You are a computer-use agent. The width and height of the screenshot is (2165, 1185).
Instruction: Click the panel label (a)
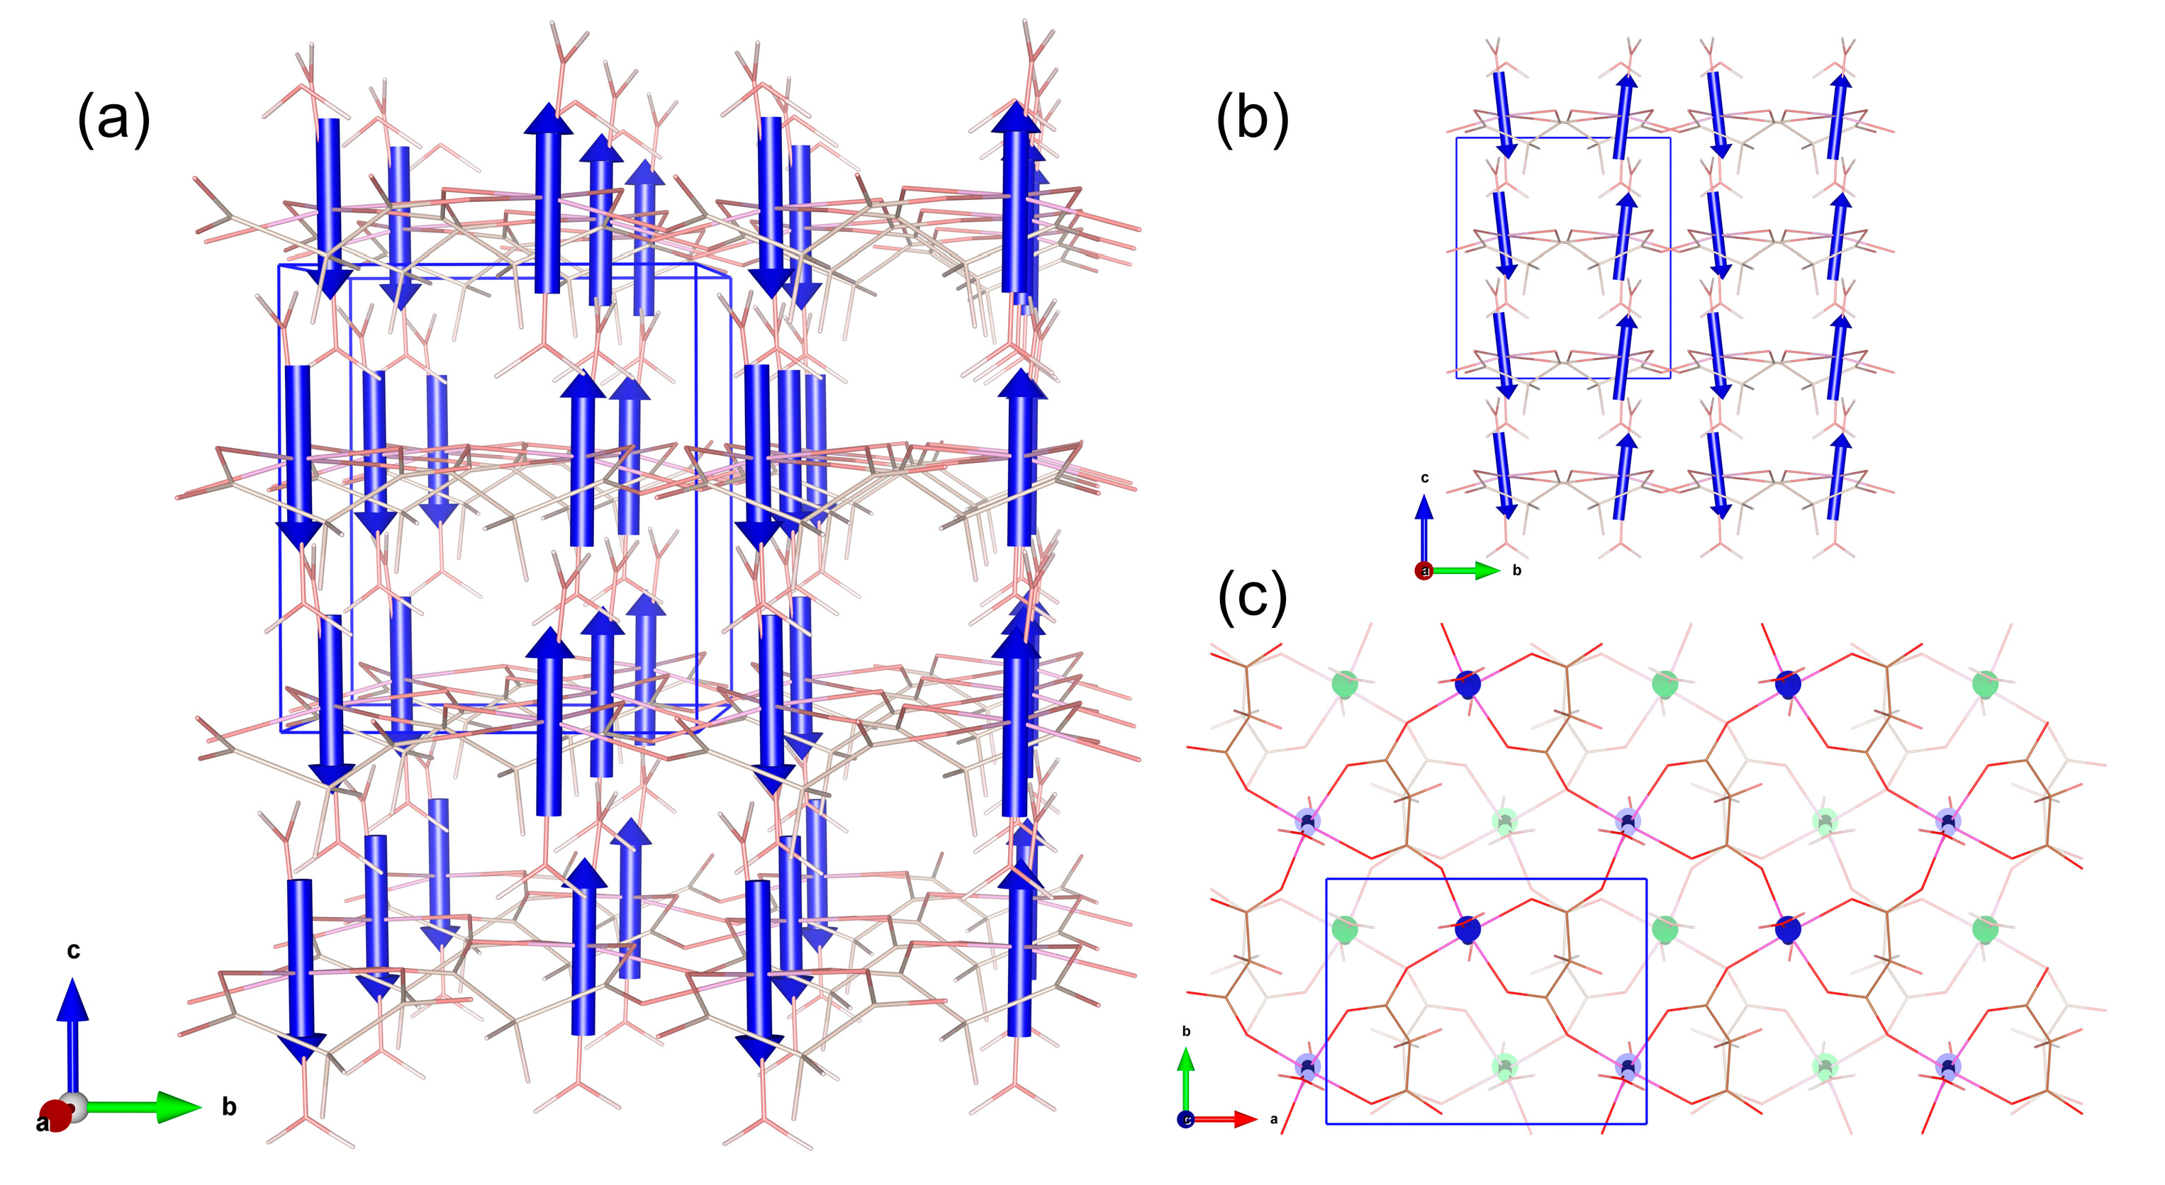pyautogui.click(x=113, y=119)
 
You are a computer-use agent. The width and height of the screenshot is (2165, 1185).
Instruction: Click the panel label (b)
pyautogui.click(x=1251, y=119)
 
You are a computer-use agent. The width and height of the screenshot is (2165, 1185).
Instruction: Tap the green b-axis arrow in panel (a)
pyautogui.click(x=143, y=1107)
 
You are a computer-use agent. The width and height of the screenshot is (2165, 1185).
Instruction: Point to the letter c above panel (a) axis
pyautogui.click(x=73, y=950)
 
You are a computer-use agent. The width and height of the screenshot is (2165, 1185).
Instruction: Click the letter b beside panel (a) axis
pyautogui.click(x=228, y=1108)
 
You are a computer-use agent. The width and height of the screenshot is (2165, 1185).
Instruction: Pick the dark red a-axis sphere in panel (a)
pyautogui.click(x=55, y=1117)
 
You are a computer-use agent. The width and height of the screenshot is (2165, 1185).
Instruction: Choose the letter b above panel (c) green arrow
pyautogui.click(x=1186, y=1031)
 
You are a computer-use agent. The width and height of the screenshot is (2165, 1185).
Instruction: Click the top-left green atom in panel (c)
pyautogui.click(x=1346, y=683)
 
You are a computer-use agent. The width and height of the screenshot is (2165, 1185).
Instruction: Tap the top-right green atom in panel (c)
pyautogui.click(x=1985, y=683)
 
